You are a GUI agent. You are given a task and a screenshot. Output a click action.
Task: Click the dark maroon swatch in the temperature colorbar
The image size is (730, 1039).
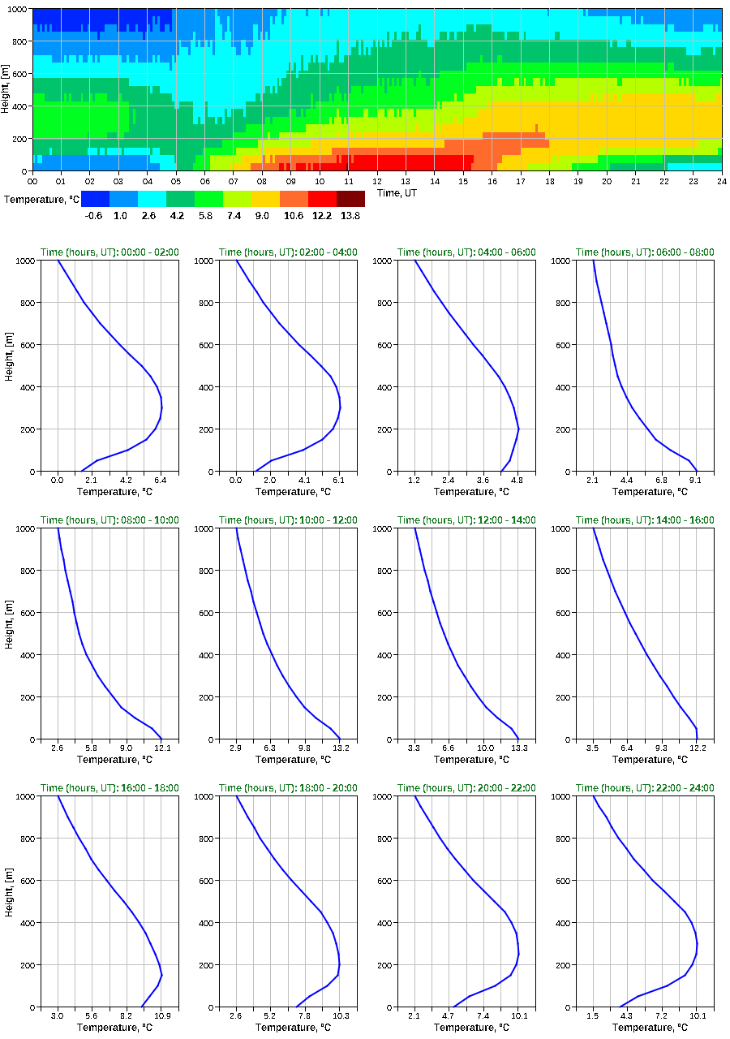tap(350, 199)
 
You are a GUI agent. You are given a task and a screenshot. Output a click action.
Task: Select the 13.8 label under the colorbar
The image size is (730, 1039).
tap(350, 216)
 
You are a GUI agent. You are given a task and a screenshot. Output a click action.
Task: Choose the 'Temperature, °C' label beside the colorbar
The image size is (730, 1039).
tap(40, 199)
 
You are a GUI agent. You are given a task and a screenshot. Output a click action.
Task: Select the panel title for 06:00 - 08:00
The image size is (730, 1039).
tap(645, 252)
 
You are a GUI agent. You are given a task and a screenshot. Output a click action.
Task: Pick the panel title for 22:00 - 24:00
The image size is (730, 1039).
tap(645, 788)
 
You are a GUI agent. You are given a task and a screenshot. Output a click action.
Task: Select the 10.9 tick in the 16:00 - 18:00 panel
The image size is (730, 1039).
tap(161, 1015)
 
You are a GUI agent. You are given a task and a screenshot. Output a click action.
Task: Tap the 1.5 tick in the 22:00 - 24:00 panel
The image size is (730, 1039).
tap(593, 1015)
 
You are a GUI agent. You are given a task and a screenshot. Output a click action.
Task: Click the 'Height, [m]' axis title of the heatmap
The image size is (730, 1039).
tap(6, 89)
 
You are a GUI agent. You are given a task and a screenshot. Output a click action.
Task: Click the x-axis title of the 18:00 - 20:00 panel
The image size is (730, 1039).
tap(288, 1028)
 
